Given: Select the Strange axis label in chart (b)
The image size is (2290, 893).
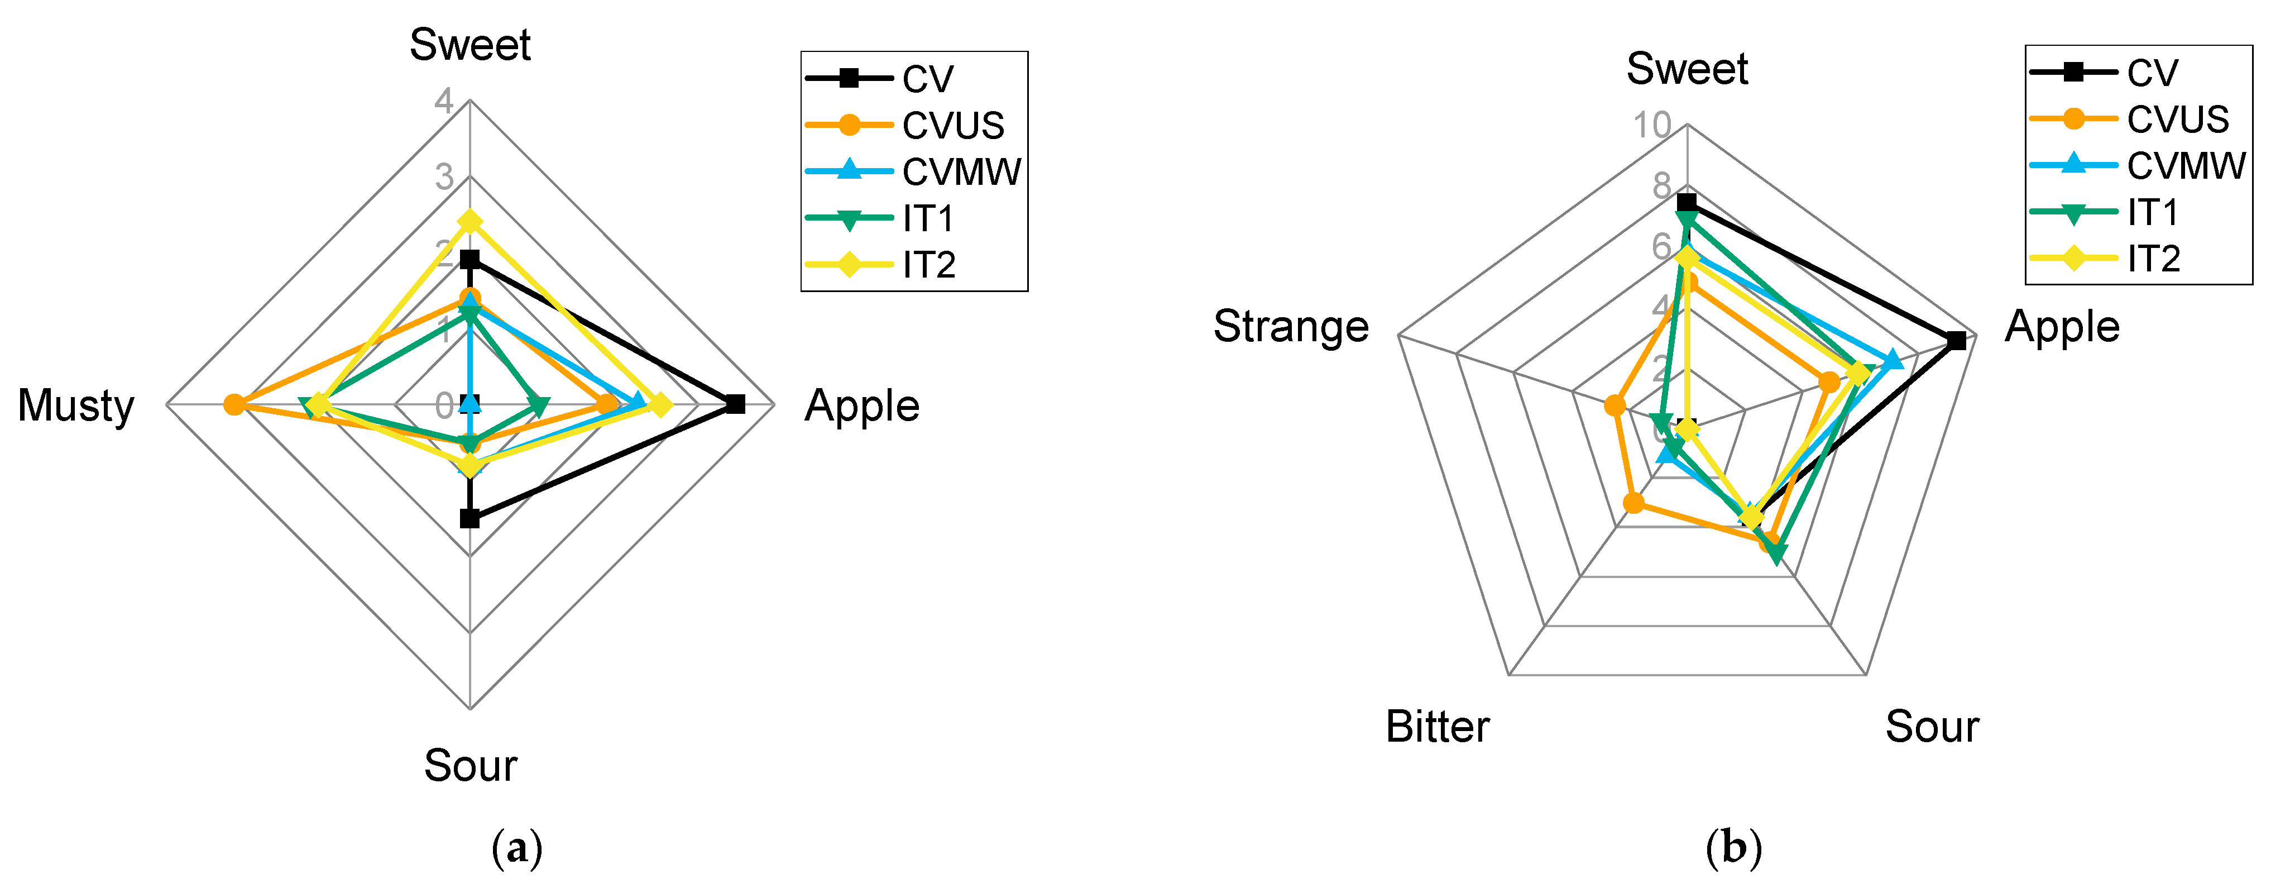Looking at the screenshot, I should point(1291,326).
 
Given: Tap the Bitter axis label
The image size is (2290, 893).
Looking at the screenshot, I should point(1438,727).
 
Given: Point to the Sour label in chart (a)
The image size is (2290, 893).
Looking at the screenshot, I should point(470,766).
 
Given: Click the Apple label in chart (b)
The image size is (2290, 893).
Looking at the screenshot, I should point(2062,326).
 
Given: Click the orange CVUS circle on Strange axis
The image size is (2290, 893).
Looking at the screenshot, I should point(1615,407).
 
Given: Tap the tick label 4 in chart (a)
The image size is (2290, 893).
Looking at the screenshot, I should point(444,101).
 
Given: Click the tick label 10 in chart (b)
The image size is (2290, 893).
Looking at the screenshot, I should point(1652,126).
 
